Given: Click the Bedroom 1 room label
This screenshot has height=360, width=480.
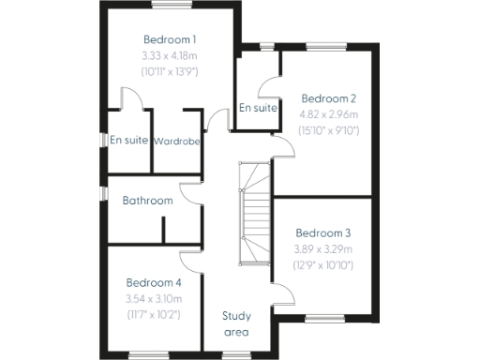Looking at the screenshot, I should click(x=170, y=39).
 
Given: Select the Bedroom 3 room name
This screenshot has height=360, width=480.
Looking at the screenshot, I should click(x=322, y=233).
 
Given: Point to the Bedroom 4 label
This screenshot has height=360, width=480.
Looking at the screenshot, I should click(x=153, y=282).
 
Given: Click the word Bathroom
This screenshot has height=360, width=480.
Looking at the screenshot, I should click(x=147, y=201).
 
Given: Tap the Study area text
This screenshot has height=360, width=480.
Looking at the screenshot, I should click(x=235, y=322).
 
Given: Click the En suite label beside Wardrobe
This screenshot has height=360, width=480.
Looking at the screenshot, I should click(x=129, y=141).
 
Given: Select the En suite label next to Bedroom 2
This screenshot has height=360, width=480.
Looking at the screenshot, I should click(x=258, y=109).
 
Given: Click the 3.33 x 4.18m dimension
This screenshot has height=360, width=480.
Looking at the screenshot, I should click(x=170, y=55).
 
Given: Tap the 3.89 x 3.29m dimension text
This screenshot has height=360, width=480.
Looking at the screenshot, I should click(x=322, y=249).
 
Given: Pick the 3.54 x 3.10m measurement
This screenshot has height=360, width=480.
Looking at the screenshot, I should click(x=153, y=298).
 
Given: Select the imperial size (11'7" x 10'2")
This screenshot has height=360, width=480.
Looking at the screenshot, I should click(x=153, y=314).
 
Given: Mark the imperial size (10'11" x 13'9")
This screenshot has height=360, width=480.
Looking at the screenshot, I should click(x=170, y=71).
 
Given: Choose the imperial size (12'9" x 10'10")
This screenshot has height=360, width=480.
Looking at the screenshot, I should click(x=322, y=265).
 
